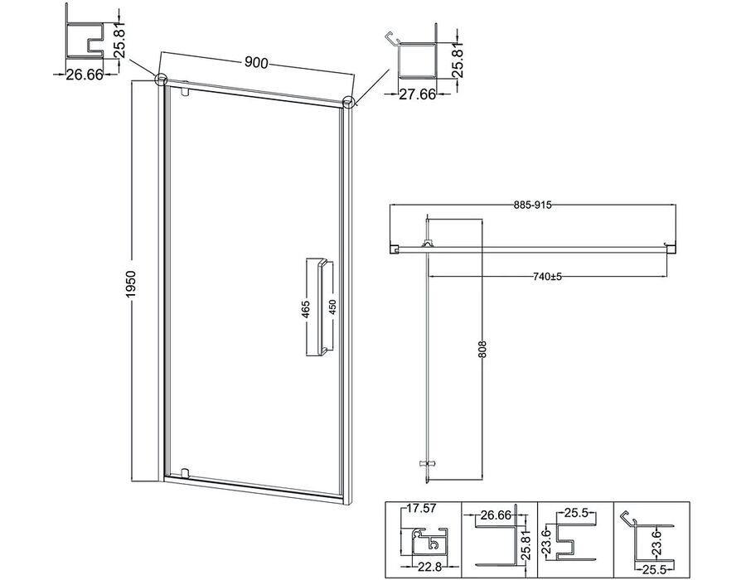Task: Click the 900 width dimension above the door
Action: pyautogui.click(x=256, y=62)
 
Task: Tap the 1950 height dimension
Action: pyautogui.click(x=131, y=285)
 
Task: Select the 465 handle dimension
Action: pyautogui.click(x=306, y=309)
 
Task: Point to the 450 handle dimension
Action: pyautogui.click(x=332, y=308)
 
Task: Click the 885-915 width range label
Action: pyautogui.click(x=532, y=205)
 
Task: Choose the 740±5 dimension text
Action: pyautogui.click(x=546, y=276)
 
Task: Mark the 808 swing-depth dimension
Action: pyautogui.click(x=484, y=350)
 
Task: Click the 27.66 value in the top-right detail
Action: pyautogui.click(x=417, y=94)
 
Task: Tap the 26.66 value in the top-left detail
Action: pyautogui.click(x=85, y=75)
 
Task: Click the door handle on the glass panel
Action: pyautogui.click(x=319, y=307)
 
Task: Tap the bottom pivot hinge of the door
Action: pyautogui.click(x=186, y=473)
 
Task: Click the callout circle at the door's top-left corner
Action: pyautogui.click(x=161, y=79)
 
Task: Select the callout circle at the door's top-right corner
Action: pyautogui.click(x=349, y=102)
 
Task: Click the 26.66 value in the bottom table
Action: pyautogui.click(x=496, y=515)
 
